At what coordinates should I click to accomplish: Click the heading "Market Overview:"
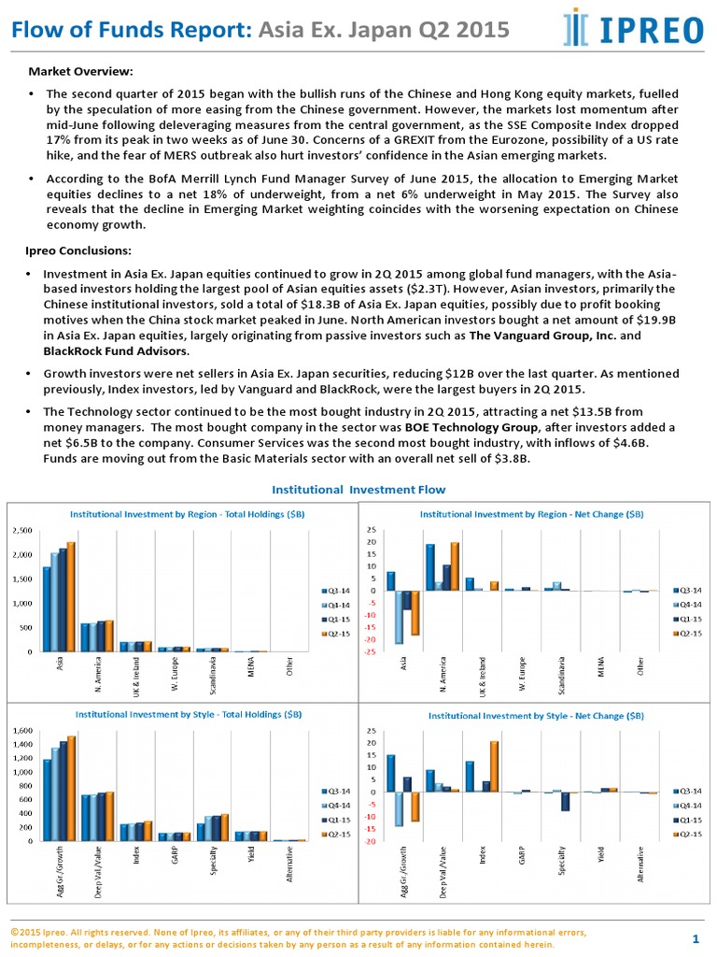pyautogui.click(x=80, y=72)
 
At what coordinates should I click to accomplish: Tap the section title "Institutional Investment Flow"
pyautogui.click(x=358, y=490)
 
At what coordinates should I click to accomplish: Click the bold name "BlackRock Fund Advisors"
pyautogui.click(x=116, y=351)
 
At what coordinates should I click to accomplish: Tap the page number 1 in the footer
pyautogui.click(x=696, y=937)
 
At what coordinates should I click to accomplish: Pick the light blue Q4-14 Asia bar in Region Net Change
pyautogui.click(x=400, y=617)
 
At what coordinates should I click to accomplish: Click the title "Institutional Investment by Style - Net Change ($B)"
pyautogui.click(x=535, y=715)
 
